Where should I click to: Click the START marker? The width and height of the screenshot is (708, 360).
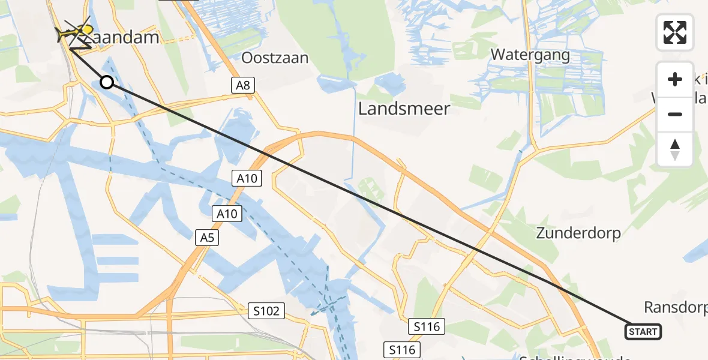643,331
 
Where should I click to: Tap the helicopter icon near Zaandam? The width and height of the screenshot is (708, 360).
74,31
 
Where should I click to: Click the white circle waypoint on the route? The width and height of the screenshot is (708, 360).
107,82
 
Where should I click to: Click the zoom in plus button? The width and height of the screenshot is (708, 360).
675,79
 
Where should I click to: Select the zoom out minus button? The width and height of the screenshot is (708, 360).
675,114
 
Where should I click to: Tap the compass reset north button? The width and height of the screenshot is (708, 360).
675,149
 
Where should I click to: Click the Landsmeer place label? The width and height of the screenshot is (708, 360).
404,109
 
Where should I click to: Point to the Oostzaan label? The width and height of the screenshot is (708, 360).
275,58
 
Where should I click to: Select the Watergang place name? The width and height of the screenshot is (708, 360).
530,55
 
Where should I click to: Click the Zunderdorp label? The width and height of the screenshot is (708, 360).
578,233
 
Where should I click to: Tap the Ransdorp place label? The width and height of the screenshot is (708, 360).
675,307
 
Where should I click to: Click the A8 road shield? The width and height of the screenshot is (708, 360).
242,85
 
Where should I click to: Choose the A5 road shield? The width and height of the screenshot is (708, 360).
207,238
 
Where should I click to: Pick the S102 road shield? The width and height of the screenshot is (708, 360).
266,311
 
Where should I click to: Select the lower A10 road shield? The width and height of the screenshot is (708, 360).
229,213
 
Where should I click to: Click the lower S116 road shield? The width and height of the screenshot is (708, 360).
402,349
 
